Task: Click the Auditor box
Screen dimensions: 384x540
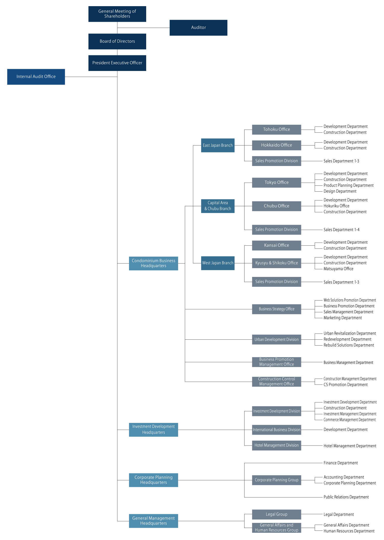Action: coord(198,28)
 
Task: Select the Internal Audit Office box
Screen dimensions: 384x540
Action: coord(36,77)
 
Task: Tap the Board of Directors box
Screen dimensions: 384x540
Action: coord(117,41)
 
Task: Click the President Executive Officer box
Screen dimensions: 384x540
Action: coord(117,63)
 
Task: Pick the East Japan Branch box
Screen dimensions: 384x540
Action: coord(218,145)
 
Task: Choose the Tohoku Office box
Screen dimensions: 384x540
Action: coord(276,130)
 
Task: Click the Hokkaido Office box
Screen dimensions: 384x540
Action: coord(276,145)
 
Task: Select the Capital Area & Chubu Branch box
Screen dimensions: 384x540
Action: coord(218,206)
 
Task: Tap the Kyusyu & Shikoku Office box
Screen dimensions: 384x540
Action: coord(276,263)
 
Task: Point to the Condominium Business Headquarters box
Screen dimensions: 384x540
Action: coord(154,263)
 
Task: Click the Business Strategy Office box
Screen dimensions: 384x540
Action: coord(276,309)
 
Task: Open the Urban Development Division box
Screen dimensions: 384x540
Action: coord(276,339)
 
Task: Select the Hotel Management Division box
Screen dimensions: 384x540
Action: coord(276,445)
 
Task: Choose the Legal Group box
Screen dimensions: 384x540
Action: coord(276,514)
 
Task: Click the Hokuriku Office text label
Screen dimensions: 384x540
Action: coord(336,206)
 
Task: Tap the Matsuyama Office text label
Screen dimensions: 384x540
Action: coord(338,269)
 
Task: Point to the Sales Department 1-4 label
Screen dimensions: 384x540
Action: coord(342,230)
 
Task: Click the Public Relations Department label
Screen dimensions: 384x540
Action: coord(346,497)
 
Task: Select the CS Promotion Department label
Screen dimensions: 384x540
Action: coord(346,385)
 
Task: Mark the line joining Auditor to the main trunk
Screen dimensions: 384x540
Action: coord(143,28)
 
